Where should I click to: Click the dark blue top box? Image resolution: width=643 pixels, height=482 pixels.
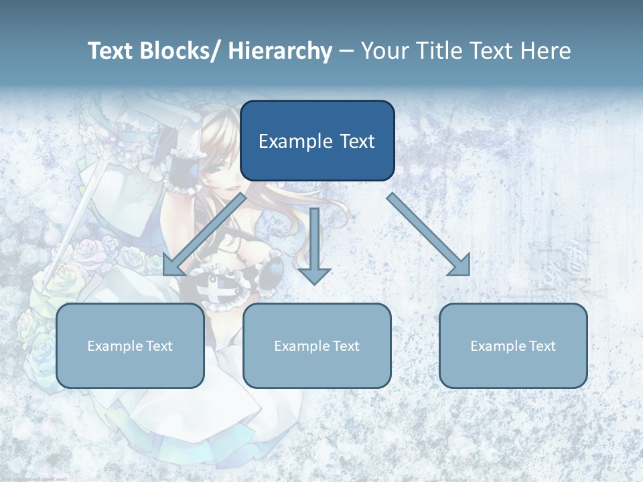pyautogui.click(x=317, y=141)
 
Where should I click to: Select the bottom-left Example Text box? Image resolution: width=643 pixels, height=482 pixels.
pyautogui.click(x=130, y=345)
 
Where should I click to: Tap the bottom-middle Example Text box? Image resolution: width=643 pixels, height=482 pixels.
pyautogui.click(x=317, y=345)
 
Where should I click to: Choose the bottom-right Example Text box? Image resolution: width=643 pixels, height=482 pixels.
pyautogui.click(x=513, y=345)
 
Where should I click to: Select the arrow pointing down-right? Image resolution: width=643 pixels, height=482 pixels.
pyautogui.click(x=429, y=234)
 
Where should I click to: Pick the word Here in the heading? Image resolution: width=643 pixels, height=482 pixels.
pyautogui.click(x=545, y=51)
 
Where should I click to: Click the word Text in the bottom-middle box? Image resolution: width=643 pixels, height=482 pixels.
pyautogui.click(x=345, y=346)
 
